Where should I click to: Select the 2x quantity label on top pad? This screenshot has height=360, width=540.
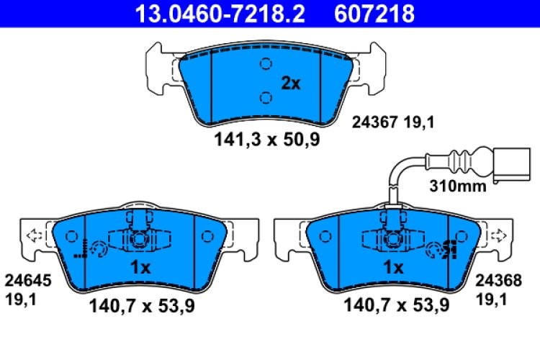291,84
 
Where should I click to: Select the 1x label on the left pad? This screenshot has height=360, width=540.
140,268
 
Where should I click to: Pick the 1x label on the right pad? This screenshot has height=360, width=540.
392,268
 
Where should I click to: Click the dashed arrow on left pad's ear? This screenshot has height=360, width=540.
32,235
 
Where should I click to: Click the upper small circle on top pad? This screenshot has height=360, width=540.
265,63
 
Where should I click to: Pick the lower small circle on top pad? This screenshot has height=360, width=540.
265,97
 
